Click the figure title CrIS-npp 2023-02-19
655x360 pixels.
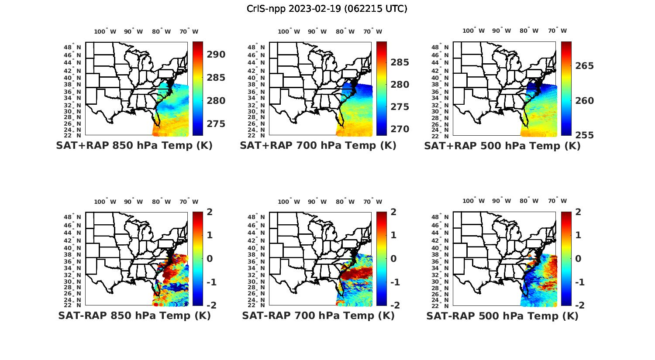327,9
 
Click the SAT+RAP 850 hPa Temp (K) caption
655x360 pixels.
134,145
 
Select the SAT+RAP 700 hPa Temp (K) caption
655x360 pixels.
318,145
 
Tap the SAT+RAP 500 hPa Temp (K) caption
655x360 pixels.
502,146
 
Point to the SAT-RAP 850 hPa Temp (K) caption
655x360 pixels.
134,315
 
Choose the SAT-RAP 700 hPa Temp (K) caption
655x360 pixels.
318,315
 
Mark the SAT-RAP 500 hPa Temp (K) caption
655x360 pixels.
502,316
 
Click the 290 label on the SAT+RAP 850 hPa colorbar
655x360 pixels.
216,55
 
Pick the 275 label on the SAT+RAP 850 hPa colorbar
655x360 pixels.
216,124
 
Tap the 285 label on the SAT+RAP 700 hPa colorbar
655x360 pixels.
400,62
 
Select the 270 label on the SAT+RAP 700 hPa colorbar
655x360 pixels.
400,129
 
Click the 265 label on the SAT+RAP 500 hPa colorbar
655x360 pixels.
584,66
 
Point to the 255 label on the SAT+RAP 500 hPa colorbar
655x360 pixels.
584,135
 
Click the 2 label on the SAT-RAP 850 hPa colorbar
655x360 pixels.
210,212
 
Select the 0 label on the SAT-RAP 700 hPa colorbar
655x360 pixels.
393,258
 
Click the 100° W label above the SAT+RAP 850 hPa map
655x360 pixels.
105,31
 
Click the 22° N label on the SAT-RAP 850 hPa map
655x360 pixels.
76,305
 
